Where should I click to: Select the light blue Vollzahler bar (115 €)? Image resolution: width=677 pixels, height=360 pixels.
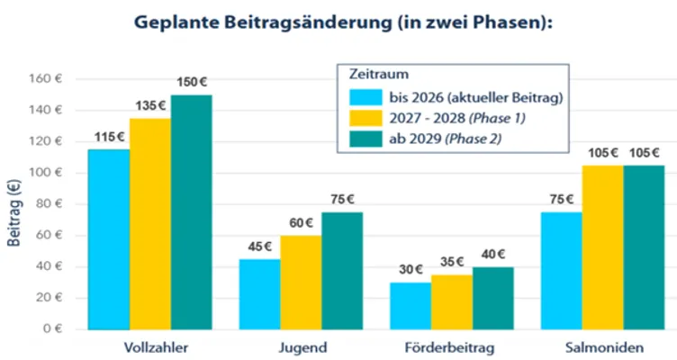coord(109,238)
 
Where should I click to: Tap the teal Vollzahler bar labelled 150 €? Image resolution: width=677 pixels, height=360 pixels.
coord(192,211)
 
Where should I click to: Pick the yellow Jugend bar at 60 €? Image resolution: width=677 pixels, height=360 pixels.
coord(301,281)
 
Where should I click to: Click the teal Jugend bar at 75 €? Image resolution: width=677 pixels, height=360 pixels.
coord(342,270)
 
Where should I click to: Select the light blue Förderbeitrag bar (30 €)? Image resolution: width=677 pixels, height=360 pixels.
coord(411,305)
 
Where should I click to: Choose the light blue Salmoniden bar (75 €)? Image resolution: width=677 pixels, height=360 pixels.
coord(561,270)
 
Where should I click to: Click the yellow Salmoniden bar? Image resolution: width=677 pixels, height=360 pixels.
coord(602,247)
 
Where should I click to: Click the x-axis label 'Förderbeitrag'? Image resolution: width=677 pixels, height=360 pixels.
coord(451,347)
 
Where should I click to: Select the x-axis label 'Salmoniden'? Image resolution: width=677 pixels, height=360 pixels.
coord(602,347)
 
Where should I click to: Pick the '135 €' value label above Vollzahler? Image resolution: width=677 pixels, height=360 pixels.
coord(149,106)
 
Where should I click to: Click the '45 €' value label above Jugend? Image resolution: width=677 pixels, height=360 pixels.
coord(259,247)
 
